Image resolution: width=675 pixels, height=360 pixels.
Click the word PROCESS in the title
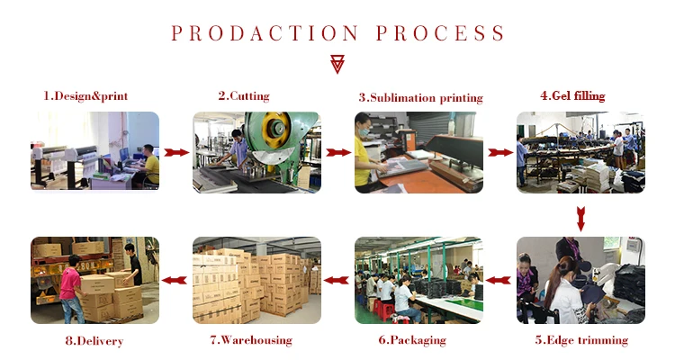pos(439,34)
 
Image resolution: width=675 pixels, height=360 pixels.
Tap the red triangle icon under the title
pos(337,62)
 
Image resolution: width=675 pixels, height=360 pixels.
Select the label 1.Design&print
pos(86,95)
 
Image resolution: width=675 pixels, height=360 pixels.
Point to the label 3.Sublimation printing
pos(420,97)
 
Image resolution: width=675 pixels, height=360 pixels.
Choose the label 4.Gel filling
pos(572,95)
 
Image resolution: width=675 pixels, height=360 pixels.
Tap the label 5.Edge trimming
pos(581,340)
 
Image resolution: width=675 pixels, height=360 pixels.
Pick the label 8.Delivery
pos(94,341)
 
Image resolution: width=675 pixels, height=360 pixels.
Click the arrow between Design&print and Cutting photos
pos(176,153)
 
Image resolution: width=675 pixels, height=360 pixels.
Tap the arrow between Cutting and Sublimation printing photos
pos(337,153)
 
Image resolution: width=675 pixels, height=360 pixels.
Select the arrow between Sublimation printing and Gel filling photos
pos(499,153)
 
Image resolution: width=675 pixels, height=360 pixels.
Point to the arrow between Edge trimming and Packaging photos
pos(499,280)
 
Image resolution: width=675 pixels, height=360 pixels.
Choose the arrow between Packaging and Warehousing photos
pos(337,280)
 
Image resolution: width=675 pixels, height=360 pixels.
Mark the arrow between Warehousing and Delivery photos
pos(176,280)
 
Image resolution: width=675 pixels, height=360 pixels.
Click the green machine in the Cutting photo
pos(270,135)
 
